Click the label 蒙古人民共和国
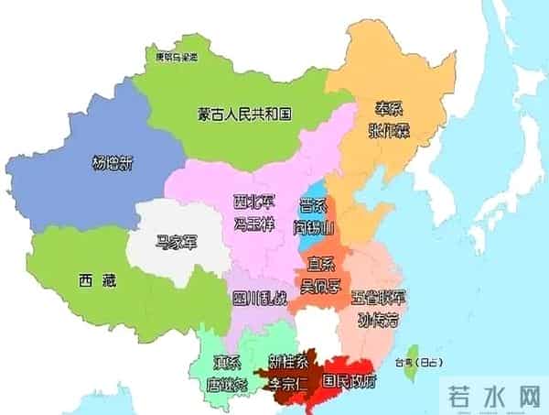click(x=244, y=115)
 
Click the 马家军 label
click(x=177, y=242)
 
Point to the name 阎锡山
click(x=318, y=224)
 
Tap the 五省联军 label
click(x=377, y=298)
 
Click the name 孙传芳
click(x=379, y=320)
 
